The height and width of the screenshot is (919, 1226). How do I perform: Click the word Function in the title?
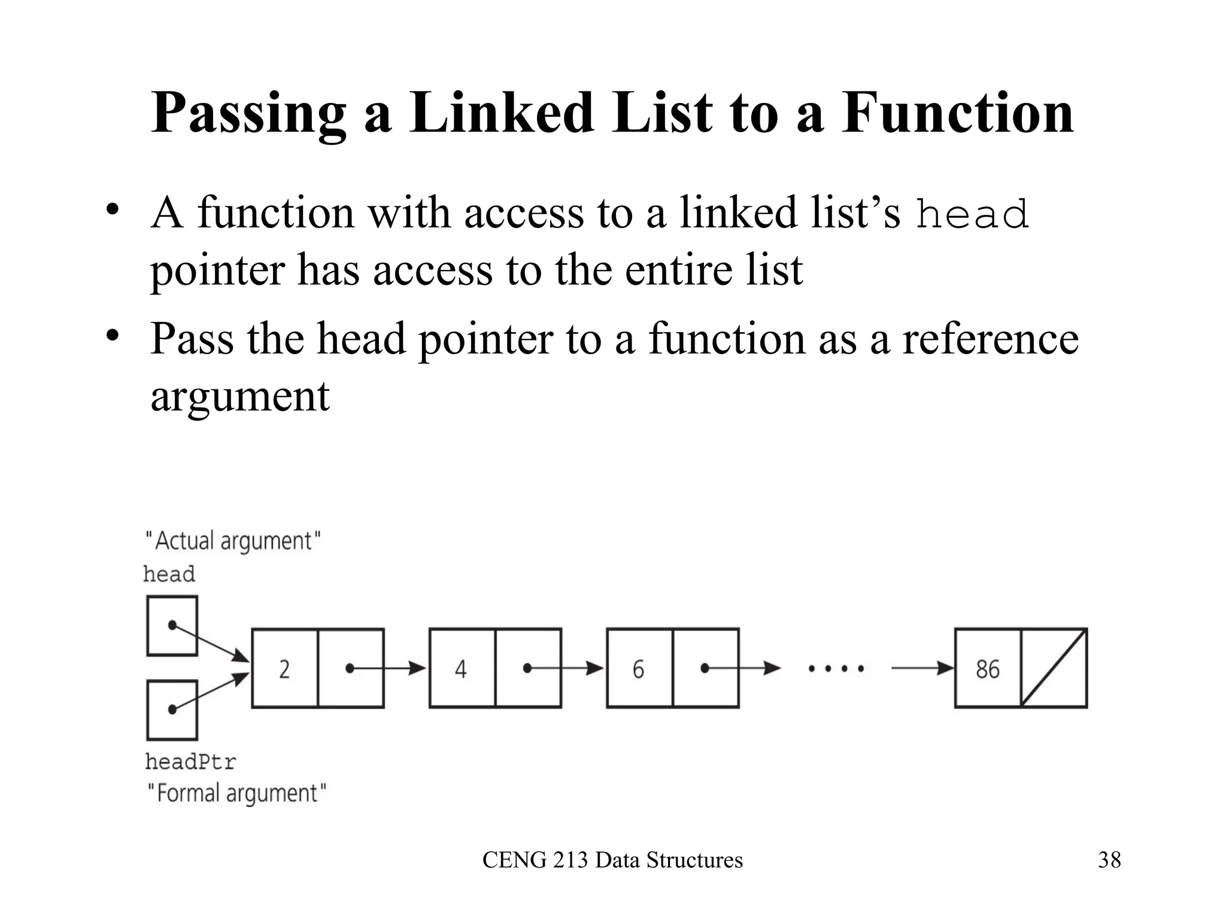[x=958, y=114]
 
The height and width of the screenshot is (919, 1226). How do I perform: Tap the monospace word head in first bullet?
[x=972, y=214]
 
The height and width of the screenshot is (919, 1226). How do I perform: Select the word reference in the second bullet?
[x=990, y=339]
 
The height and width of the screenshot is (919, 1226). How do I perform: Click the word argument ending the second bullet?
[x=239, y=396]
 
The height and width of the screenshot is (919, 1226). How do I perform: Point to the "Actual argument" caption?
[x=233, y=541]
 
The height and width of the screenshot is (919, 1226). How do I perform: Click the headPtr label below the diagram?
[x=190, y=762]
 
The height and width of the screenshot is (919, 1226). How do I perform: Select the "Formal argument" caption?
[x=237, y=793]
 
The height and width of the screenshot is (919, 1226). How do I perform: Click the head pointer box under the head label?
[x=172, y=625]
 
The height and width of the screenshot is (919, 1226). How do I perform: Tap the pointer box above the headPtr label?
[x=172, y=710]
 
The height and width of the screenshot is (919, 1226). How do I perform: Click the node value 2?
[x=284, y=668]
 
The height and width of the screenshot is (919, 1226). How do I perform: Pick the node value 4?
[x=460, y=668]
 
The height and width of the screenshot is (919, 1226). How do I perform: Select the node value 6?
[x=638, y=668]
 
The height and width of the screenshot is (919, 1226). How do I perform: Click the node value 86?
[x=987, y=668]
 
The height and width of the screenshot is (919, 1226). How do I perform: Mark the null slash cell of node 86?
[x=1054, y=668]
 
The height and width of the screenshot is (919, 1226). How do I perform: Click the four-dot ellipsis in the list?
[x=836, y=668]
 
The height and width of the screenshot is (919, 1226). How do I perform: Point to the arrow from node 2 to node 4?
[x=389, y=668]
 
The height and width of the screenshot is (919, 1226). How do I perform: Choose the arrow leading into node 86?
[x=922, y=668]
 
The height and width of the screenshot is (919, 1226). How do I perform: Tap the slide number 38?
[x=1109, y=860]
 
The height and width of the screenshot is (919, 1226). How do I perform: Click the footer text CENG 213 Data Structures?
[x=612, y=860]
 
